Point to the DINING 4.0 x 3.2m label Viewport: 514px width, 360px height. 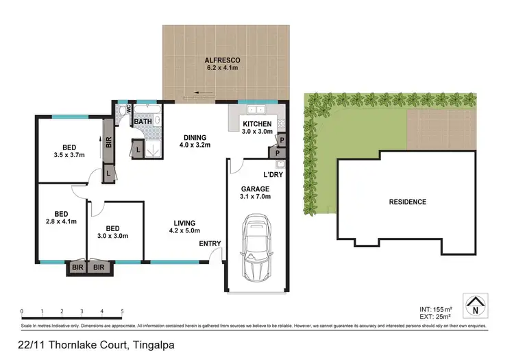194,141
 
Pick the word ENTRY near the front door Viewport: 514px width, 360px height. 210,244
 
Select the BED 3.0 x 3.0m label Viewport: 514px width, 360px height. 113,232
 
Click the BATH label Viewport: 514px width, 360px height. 143,122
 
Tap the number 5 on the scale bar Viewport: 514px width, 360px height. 122,311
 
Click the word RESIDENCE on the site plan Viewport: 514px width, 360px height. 408,202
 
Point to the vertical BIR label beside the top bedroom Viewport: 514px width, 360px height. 108,143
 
